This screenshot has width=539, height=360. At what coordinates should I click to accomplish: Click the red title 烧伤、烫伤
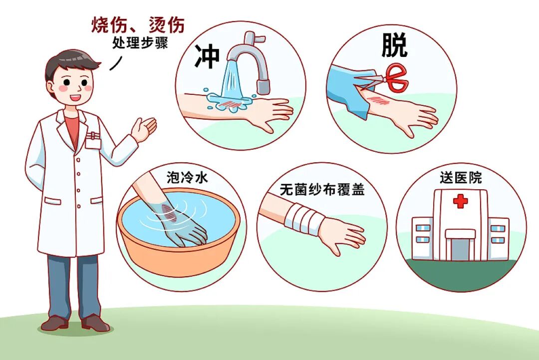click(x=138, y=24)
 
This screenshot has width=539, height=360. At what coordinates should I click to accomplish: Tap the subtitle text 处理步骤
click(x=140, y=43)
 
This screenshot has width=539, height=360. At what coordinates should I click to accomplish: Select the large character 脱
click(x=394, y=45)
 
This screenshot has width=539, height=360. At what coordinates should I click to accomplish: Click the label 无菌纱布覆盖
click(x=322, y=190)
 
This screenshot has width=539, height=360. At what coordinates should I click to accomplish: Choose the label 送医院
click(x=461, y=178)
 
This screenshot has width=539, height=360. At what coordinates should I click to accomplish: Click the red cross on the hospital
click(x=460, y=201)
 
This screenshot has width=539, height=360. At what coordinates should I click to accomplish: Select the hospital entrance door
click(x=460, y=249)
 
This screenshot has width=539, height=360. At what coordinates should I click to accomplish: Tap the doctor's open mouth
click(x=74, y=97)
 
